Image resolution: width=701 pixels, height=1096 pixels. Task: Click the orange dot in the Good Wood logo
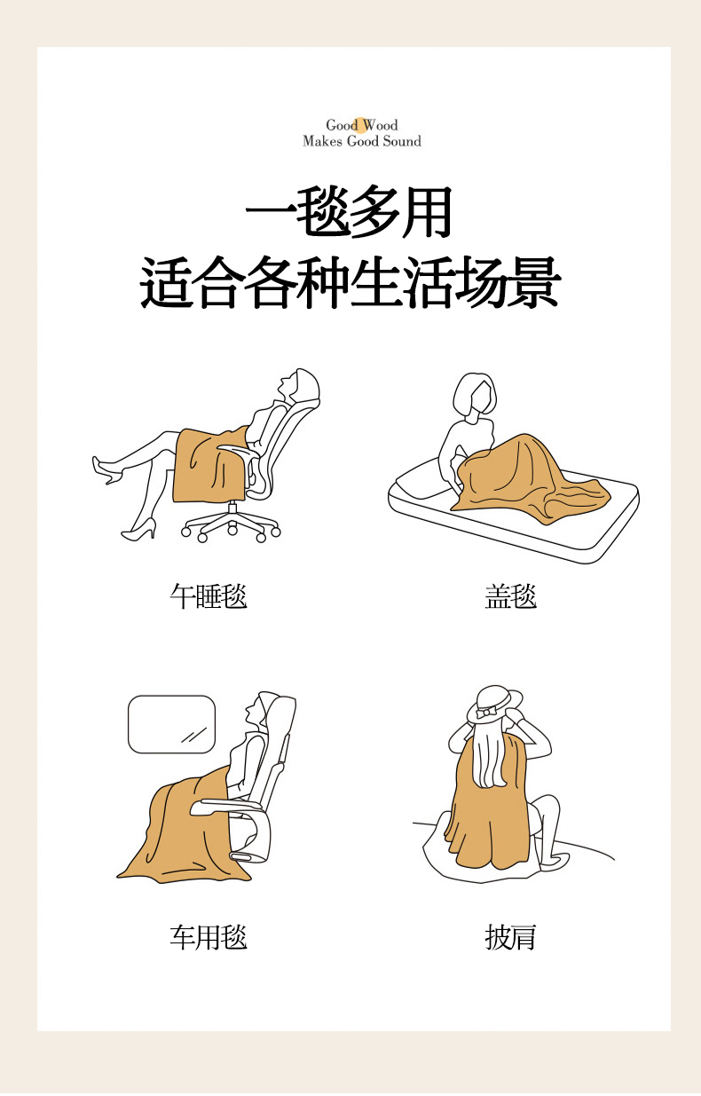click(x=361, y=126)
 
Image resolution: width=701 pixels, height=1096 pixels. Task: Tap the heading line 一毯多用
click(x=349, y=212)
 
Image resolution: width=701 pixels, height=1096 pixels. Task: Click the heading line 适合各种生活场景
click(x=350, y=282)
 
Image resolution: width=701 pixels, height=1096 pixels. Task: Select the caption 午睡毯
click(x=209, y=596)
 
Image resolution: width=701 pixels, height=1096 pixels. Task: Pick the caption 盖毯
click(x=511, y=596)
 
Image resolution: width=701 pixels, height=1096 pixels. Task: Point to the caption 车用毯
click(x=209, y=937)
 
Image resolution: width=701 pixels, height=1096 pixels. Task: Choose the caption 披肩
click(x=511, y=937)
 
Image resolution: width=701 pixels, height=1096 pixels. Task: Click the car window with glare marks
click(x=172, y=724)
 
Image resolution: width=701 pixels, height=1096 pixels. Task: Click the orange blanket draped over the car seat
click(x=181, y=832)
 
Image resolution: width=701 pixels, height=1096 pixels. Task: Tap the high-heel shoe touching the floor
click(x=139, y=531)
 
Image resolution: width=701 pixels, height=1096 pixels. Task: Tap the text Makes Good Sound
click(x=361, y=141)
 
